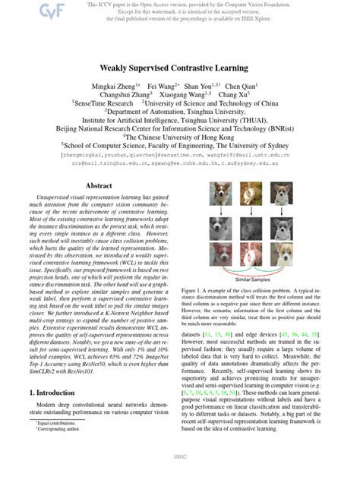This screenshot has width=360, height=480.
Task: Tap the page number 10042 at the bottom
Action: [x=180, y=456]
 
